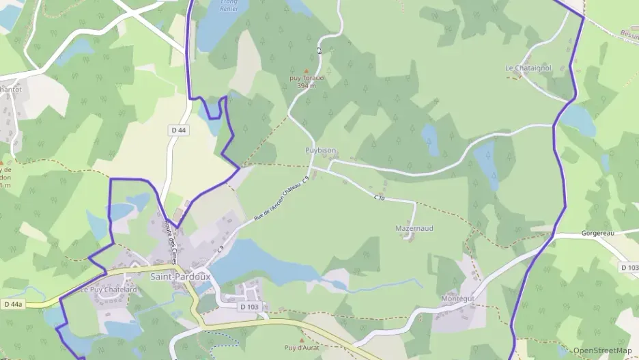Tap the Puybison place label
(x=320, y=150)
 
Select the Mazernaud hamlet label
(x=414, y=227)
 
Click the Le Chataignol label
(x=528, y=68)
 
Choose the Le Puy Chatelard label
(x=109, y=290)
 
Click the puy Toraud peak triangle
(x=306, y=70)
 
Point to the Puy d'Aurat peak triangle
(x=302, y=340)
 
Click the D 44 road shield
(x=178, y=130)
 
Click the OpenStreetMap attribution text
(x=602, y=350)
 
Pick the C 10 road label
(x=380, y=197)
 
